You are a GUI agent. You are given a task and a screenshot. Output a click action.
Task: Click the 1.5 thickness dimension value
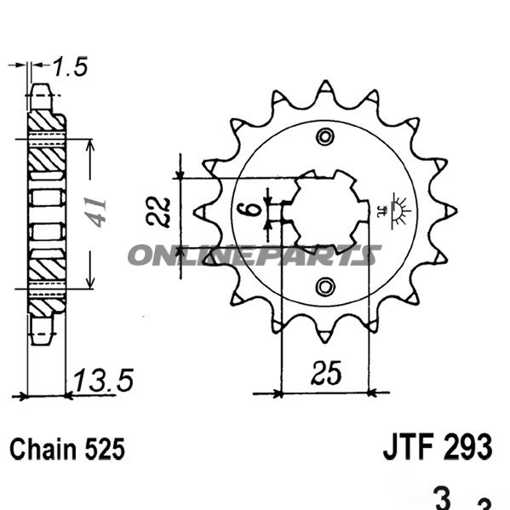pos(71,67)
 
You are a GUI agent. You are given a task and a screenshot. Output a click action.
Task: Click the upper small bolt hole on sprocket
pos(324,137)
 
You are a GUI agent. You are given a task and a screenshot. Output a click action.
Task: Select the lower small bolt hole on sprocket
pos(324,285)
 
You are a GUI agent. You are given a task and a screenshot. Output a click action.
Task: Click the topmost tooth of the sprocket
pos(324,89)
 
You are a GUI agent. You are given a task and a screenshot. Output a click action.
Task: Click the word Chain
pos(45,449)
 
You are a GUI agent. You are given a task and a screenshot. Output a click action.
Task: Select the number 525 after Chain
pos(104,449)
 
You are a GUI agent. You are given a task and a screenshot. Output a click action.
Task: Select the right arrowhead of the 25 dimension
pos(370,393)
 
